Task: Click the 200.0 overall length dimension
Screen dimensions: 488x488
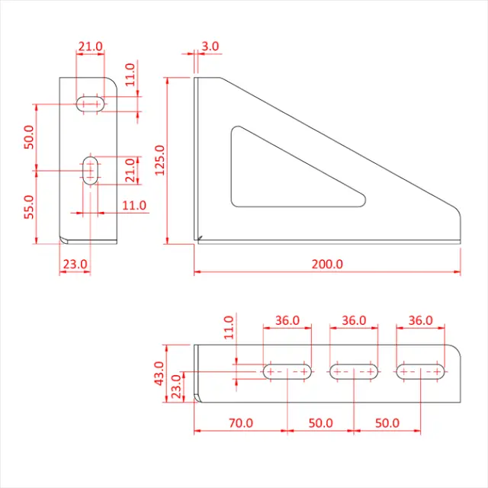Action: click(327, 264)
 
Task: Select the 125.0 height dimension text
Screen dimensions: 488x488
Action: click(160, 160)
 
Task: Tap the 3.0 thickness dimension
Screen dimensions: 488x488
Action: click(210, 47)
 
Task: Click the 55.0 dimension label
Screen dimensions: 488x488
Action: click(30, 207)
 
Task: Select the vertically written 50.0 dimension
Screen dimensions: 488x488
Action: click(30, 137)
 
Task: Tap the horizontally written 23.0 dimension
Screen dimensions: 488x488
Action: click(75, 264)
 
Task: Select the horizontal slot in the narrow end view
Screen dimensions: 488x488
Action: click(91, 103)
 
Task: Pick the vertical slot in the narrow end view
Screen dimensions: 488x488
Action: click(91, 169)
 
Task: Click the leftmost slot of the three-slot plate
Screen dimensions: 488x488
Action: click(287, 372)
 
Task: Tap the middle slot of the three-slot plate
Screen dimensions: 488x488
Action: click(353, 372)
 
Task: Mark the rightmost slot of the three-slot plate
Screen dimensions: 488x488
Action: click(420, 372)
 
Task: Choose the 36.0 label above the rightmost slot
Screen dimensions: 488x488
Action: click(420, 320)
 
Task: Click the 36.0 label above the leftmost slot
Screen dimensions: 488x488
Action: click(287, 320)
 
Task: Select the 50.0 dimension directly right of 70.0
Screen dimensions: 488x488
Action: click(320, 422)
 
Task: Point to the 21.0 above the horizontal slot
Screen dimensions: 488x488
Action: click(90, 47)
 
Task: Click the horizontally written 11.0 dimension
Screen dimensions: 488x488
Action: click(133, 205)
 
